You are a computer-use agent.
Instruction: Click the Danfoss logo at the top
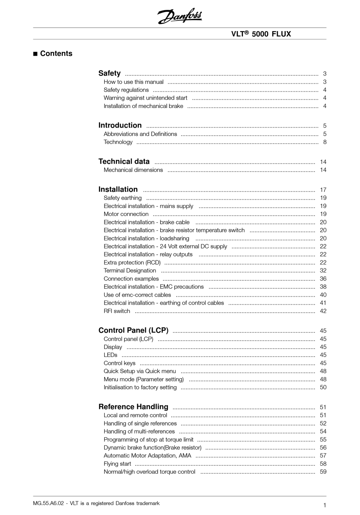pos(180,16)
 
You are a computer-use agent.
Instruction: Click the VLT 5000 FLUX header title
pos(261,34)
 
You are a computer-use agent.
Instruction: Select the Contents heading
pos(56,53)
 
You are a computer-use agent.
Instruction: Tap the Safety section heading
pos(110,73)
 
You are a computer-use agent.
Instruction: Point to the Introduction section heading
pos(120,125)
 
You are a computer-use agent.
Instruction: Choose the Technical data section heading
pos(124,161)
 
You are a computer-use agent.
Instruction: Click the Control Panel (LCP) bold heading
pos(133,330)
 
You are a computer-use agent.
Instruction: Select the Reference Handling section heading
pos(133,407)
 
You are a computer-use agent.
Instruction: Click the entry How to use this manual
pos(134,82)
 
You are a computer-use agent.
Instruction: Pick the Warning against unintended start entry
pos(146,98)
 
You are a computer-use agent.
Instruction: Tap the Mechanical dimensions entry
pos(133,170)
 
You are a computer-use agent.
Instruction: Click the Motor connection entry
pos(126,214)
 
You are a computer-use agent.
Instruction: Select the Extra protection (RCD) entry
pos(132,262)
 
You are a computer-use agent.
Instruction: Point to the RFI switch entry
pos(117,311)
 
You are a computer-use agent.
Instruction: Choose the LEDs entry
pos(111,355)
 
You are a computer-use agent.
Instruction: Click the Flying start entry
pos(117,464)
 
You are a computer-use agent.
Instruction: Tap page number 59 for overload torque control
pos(323,472)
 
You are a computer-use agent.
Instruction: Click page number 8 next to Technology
pos(325,142)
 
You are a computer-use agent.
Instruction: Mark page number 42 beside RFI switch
pos(323,311)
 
